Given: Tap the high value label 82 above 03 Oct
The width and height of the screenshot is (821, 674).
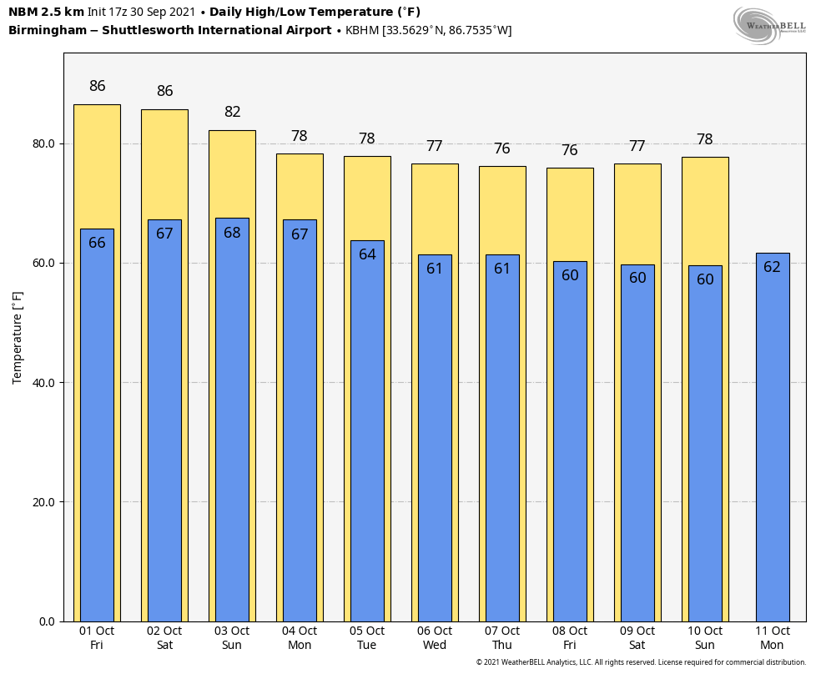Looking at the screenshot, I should tap(232, 112).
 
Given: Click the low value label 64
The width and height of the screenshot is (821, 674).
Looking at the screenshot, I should tap(367, 254).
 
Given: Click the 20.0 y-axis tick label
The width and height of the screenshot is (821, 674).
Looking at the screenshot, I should tap(43, 502).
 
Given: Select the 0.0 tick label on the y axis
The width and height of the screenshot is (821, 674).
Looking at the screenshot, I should tap(47, 621).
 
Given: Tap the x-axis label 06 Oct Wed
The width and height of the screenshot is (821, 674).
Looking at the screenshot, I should tap(435, 638).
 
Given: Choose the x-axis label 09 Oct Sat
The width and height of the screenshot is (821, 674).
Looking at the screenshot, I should tap(637, 638).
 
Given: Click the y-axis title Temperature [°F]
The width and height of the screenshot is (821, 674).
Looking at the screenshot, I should tap(18, 338).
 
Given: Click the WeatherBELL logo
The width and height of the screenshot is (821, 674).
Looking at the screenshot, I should tap(769, 25).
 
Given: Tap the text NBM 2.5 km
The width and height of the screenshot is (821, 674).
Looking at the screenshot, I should tap(46, 12).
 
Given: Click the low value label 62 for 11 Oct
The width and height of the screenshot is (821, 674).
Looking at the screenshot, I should tap(772, 267).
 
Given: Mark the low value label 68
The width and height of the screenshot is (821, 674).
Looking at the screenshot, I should tap(232, 233).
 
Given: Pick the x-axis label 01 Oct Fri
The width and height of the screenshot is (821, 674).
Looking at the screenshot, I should tap(97, 638).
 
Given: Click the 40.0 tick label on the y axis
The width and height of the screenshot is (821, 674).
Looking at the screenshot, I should tap(43, 383).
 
